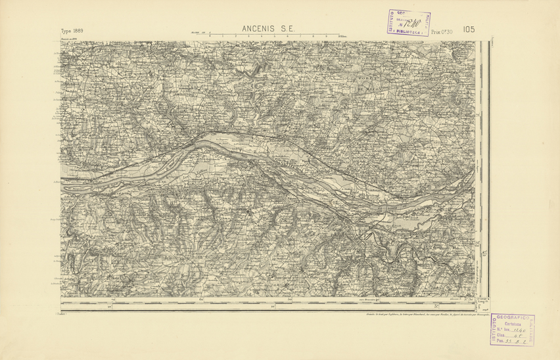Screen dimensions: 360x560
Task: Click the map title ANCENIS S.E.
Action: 269,29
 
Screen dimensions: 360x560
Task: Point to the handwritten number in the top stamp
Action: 411,23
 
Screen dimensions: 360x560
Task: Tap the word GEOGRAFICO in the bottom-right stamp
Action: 517,318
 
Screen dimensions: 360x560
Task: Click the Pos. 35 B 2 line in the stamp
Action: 512,342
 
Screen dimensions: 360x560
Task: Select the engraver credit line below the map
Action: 418,315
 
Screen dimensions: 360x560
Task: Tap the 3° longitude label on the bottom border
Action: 437,306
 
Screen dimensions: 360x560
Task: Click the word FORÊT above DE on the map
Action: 364,79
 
